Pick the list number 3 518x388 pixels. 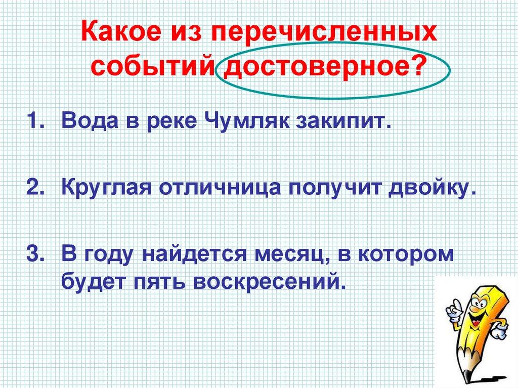click(x=35, y=253)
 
